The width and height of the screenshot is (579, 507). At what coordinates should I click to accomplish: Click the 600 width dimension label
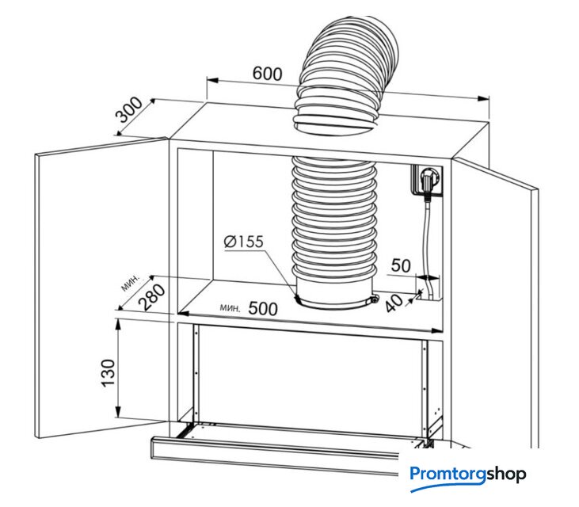point(267,74)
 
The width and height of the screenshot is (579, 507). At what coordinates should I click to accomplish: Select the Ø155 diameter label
point(243,242)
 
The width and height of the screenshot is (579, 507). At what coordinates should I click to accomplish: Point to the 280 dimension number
point(153,297)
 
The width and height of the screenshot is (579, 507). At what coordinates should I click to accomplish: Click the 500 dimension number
point(263,309)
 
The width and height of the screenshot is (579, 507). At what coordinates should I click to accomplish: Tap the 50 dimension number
point(402,265)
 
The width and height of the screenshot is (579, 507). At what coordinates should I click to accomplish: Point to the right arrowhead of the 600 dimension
point(485,98)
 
